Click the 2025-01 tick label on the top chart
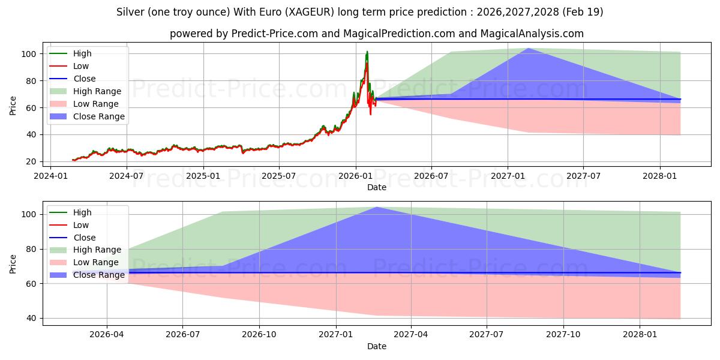click(x=203, y=176)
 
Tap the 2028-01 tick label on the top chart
click(x=660, y=176)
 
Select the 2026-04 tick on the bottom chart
click(x=107, y=325)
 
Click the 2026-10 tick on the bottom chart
click(x=260, y=325)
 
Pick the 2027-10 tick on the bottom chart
click(x=564, y=325)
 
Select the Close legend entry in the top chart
click(x=83, y=79)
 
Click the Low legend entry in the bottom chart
click(x=80, y=225)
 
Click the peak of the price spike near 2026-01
click(x=367, y=52)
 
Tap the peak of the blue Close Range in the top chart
click(x=528, y=48)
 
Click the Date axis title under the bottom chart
click(x=377, y=346)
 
